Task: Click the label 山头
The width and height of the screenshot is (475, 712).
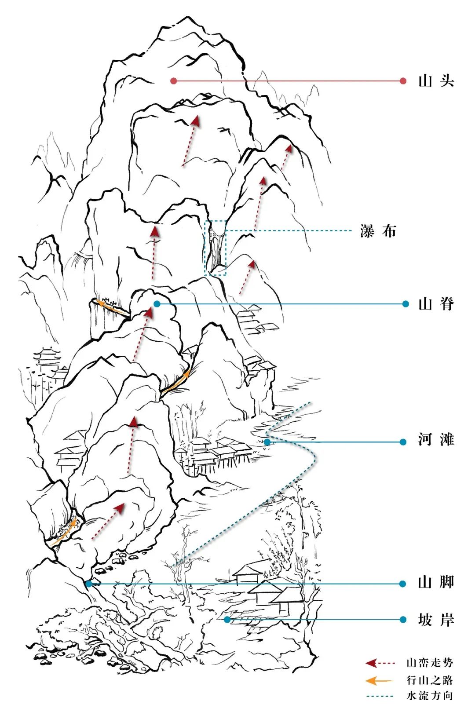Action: pyautogui.click(x=436, y=81)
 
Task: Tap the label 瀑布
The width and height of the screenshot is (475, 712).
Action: pyautogui.click(x=378, y=231)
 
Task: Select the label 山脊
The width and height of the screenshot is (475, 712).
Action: pyautogui.click(x=436, y=304)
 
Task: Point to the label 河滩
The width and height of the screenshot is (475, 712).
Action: pyautogui.click(x=436, y=440)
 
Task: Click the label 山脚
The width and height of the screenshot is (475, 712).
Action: pyautogui.click(x=436, y=583)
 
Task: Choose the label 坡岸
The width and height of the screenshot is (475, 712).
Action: pyautogui.click(x=436, y=620)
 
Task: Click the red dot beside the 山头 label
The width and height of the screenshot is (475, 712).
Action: pyautogui.click(x=403, y=81)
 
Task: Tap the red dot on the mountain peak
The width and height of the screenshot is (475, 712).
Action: pyautogui.click(x=174, y=81)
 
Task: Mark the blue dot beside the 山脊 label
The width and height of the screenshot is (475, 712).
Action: pyautogui.click(x=406, y=304)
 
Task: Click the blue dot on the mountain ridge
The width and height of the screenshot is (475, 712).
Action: pyautogui.click(x=157, y=304)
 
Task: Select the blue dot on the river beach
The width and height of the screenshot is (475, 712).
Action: pyautogui.click(x=267, y=442)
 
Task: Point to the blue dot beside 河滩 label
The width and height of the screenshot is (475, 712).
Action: pyautogui.click(x=403, y=442)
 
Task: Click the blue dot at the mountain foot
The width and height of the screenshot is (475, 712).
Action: pyautogui.click(x=89, y=584)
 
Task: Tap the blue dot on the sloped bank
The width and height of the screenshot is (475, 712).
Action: pyautogui.click(x=227, y=620)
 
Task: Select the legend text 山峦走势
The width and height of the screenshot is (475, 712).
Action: pyautogui.click(x=429, y=663)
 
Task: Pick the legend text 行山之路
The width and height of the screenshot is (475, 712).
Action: pyautogui.click(x=429, y=680)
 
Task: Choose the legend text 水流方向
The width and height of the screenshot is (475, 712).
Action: pyautogui.click(x=429, y=696)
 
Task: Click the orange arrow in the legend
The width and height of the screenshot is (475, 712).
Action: pyautogui.click(x=379, y=681)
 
